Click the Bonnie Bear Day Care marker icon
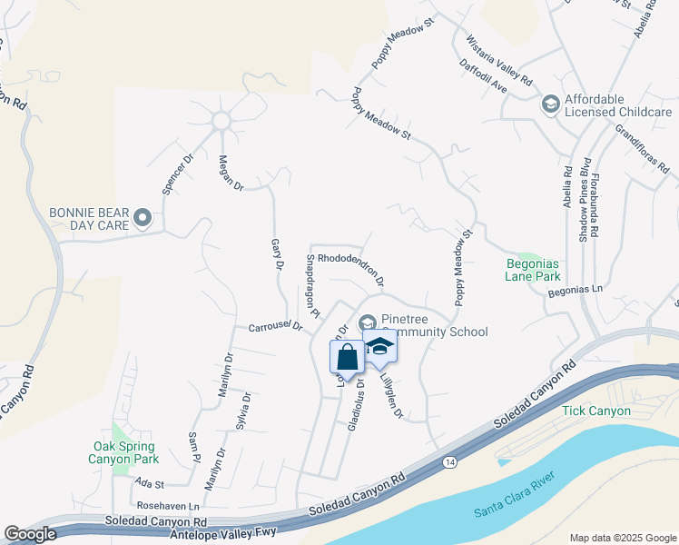click(x=142, y=217)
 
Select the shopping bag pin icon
click(x=347, y=356)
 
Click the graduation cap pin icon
click(x=380, y=346)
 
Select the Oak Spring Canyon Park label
click(x=124, y=453)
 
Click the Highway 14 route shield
click(x=450, y=462)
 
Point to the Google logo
click(x=30, y=535)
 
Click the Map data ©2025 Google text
click(x=622, y=538)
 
